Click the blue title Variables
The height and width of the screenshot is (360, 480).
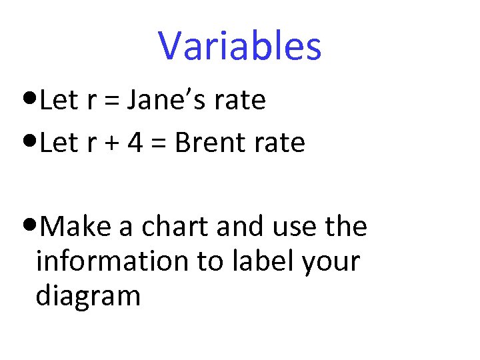pos(240,46)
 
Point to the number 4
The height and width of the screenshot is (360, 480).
pos(135,143)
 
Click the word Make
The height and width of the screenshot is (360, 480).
pos(75,227)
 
